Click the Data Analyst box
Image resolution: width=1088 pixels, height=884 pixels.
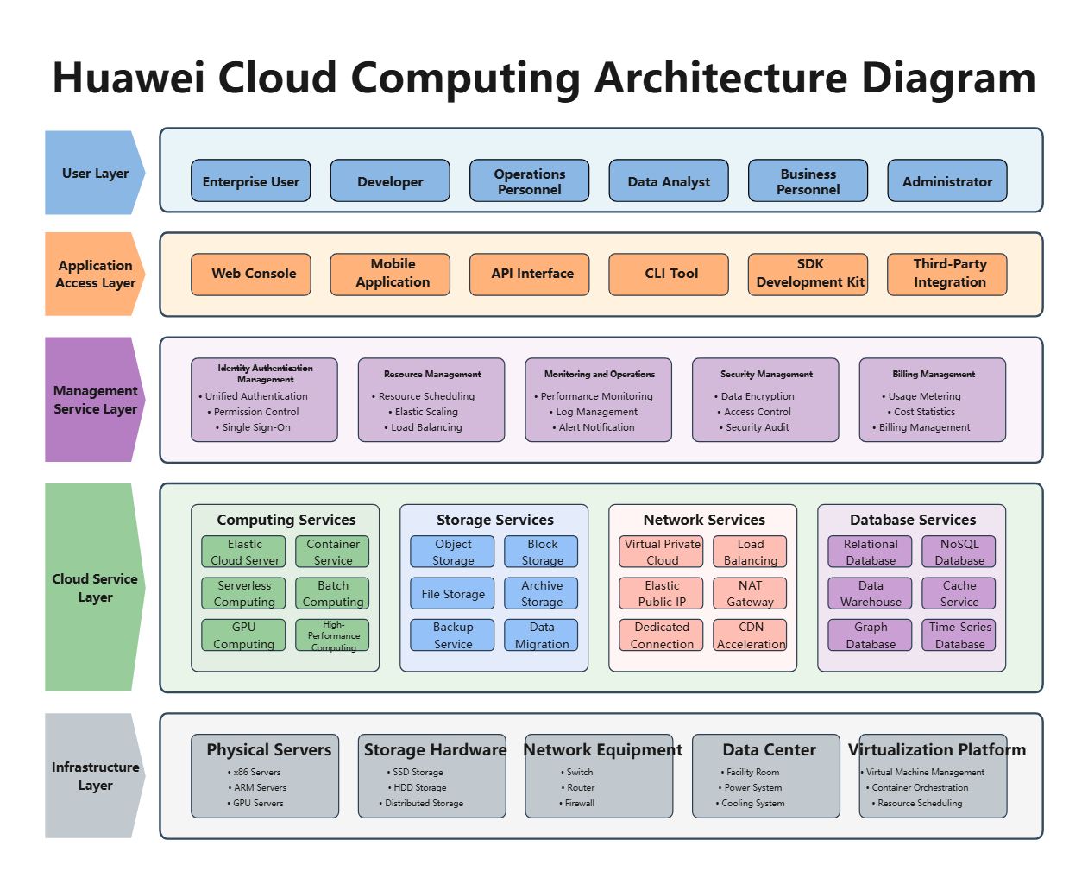(668, 180)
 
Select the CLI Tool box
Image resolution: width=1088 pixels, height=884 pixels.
(668, 275)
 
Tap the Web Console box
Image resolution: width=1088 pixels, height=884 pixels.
(251, 275)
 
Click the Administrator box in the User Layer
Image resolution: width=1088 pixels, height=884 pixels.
(947, 180)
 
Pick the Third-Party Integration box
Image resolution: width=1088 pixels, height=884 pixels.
(947, 275)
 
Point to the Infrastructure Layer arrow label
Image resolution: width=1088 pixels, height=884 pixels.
(95, 775)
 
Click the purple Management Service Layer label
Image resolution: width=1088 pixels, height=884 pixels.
(95, 399)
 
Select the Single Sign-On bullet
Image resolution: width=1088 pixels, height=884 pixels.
(253, 427)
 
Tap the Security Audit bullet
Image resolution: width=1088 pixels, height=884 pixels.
(754, 427)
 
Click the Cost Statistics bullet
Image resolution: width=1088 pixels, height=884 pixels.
(921, 412)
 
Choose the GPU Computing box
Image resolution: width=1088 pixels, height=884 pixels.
(243, 635)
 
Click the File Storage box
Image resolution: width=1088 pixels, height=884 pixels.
(452, 593)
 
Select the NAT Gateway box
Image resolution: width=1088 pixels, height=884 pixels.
(749, 593)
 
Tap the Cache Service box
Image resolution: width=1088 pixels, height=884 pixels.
(959, 593)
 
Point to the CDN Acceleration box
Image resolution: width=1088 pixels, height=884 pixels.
(749, 635)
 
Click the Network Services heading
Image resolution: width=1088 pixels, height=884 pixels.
(703, 520)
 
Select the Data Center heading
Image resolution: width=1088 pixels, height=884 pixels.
(769, 749)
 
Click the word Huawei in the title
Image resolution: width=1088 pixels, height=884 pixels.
(129, 78)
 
